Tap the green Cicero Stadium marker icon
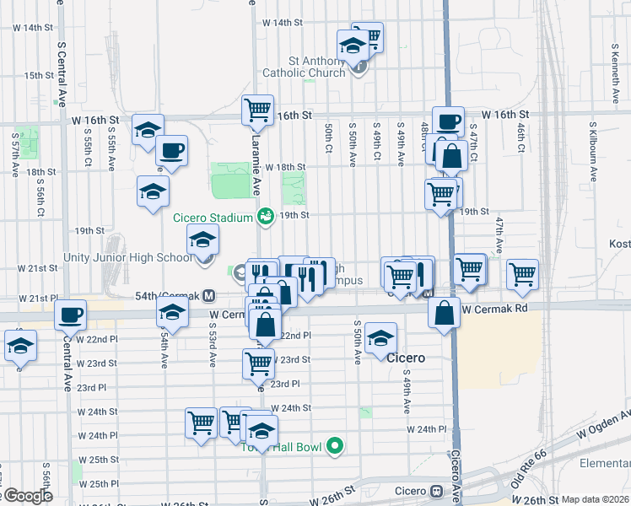265,217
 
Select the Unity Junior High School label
127,257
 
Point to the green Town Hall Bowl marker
334,446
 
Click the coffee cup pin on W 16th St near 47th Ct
448,120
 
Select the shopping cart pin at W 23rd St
258,363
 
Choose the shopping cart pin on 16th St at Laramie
257,109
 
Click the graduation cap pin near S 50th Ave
381,338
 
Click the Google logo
27,496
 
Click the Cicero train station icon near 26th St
437,491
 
